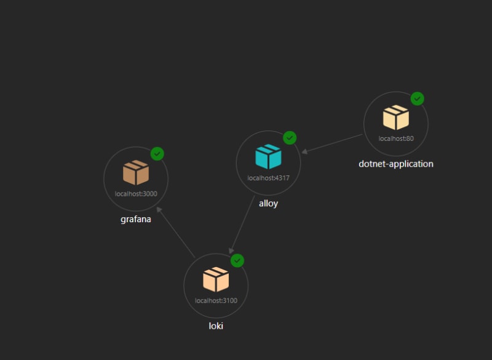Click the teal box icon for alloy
click(268, 157)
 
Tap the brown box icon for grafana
click(136, 173)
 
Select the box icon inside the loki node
click(216, 279)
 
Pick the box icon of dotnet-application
click(396, 118)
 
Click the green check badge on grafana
click(157, 154)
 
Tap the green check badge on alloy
click(290, 138)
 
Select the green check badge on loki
click(237, 261)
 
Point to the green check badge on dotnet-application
click(418, 98)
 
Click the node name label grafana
click(136, 219)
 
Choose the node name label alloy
click(268, 203)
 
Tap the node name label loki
click(216, 326)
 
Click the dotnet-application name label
click(396, 164)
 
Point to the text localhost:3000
click(136, 193)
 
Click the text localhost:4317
click(268, 178)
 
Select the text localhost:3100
click(216, 300)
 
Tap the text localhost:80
click(396, 138)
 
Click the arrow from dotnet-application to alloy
click(332, 143)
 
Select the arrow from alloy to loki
click(242, 225)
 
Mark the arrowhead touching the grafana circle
click(159, 210)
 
